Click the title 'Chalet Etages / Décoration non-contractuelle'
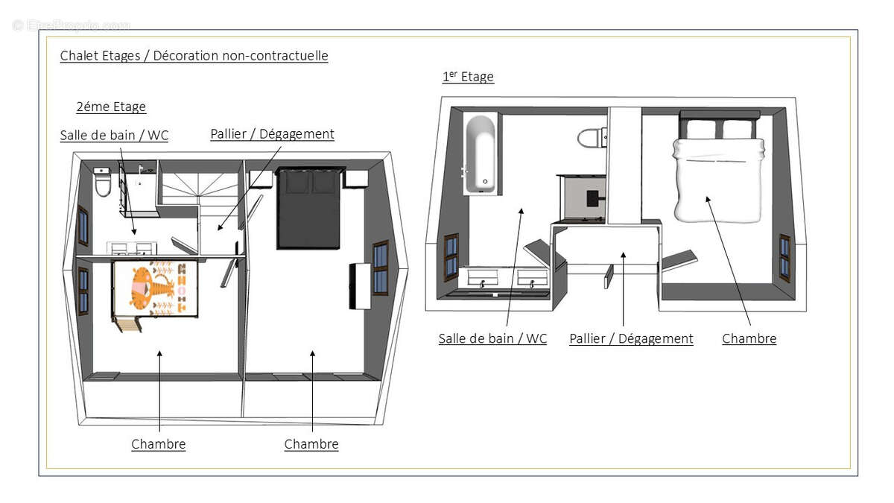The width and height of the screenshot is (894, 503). (x=194, y=55)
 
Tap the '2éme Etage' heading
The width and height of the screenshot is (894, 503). (x=111, y=107)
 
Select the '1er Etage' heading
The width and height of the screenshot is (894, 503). (x=468, y=76)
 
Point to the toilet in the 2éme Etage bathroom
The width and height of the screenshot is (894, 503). (x=103, y=182)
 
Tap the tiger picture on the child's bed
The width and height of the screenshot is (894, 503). (x=156, y=288)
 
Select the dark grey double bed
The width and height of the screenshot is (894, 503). (x=309, y=209)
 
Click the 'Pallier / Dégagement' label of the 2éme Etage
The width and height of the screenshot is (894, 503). (x=272, y=134)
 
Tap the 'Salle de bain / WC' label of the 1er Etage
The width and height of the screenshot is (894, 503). (x=492, y=338)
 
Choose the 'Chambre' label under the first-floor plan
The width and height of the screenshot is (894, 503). (x=749, y=338)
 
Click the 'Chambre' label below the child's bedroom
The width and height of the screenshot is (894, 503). (x=159, y=444)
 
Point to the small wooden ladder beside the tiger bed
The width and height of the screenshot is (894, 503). (x=127, y=323)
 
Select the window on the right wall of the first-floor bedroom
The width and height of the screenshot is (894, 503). (x=784, y=259)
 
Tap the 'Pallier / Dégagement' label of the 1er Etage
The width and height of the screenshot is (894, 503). (x=631, y=338)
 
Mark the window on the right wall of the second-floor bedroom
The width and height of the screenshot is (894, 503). (x=381, y=268)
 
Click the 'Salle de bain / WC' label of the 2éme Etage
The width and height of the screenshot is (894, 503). (x=114, y=136)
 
